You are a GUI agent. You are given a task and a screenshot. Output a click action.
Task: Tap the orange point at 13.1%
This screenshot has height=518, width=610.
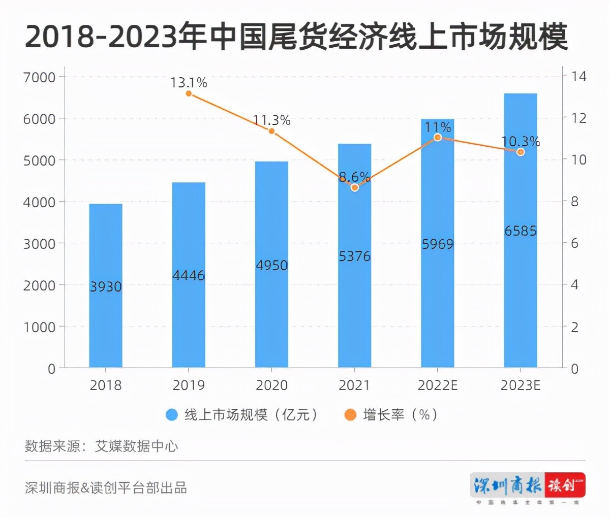pyautogui.click(x=189, y=93)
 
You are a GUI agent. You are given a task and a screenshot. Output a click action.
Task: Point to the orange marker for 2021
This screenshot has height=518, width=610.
pyautogui.click(x=355, y=187)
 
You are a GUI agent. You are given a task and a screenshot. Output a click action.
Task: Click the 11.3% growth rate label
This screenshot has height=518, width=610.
pyautogui.click(x=271, y=120)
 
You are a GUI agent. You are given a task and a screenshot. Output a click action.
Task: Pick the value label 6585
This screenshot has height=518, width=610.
pyautogui.click(x=521, y=231)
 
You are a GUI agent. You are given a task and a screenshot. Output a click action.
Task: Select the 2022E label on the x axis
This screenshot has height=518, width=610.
pyautogui.click(x=437, y=385)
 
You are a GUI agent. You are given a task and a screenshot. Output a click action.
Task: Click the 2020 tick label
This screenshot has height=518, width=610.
pyautogui.click(x=271, y=385)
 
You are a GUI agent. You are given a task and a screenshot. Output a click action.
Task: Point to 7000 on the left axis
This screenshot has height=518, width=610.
pyautogui.click(x=39, y=77)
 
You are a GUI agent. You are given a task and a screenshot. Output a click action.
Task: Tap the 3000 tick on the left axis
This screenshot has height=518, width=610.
pyautogui.click(x=39, y=244)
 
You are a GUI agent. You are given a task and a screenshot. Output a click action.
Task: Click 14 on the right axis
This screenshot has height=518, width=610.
pyautogui.click(x=578, y=77)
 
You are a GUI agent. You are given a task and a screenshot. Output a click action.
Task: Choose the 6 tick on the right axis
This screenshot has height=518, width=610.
pyautogui.click(x=574, y=243)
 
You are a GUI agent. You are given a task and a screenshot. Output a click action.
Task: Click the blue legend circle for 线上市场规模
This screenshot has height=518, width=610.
pyautogui.click(x=172, y=415)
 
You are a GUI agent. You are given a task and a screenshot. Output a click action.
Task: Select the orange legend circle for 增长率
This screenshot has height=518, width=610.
pyautogui.click(x=350, y=415)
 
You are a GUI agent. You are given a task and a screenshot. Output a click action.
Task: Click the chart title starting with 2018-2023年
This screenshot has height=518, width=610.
pyautogui.click(x=296, y=37)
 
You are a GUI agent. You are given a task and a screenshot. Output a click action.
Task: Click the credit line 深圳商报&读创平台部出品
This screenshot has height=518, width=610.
pyautogui.click(x=106, y=488)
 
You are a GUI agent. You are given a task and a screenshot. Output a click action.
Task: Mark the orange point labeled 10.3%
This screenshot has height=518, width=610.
pyautogui.click(x=521, y=152)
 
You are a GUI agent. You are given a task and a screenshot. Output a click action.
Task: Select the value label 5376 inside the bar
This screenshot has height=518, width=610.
pyautogui.click(x=355, y=256)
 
